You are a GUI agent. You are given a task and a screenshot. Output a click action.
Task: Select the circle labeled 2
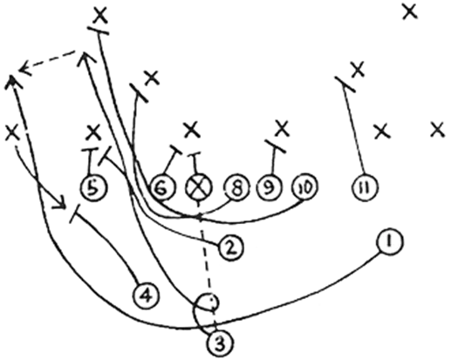tap(231, 248)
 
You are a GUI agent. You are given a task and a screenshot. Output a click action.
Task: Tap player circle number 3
tap(221, 343)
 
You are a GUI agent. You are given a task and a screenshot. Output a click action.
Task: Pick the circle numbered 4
tap(146, 295)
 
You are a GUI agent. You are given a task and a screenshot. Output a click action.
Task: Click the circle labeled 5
tap(93, 187)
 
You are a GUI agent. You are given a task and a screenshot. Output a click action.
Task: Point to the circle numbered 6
tap(162, 187)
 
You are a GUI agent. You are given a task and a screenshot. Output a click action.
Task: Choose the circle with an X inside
tap(199, 187)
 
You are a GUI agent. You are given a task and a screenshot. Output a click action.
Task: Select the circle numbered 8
tap(236, 187)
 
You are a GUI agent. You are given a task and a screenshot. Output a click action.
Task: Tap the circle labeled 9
tap(270, 187)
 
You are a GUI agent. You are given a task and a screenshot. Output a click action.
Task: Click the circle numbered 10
tap(304, 187)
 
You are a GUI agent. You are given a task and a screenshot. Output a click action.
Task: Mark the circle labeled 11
tap(365, 187)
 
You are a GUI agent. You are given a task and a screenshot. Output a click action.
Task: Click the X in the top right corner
tap(410, 12)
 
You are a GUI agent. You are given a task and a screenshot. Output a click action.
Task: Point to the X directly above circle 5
tap(93, 132)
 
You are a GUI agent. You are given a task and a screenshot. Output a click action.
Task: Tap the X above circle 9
tap(282, 128)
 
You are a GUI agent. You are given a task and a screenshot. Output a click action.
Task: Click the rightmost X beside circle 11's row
tap(438, 130)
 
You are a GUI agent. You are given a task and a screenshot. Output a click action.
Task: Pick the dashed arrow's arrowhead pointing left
tap(24, 69)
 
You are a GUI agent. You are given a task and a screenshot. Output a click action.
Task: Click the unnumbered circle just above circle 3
tap(208, 303)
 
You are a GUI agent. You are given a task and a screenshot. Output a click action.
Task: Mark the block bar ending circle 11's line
tap(345, 85)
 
